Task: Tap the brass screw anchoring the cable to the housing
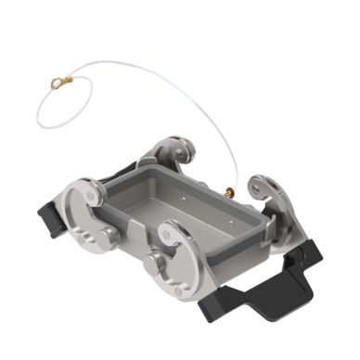227,192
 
